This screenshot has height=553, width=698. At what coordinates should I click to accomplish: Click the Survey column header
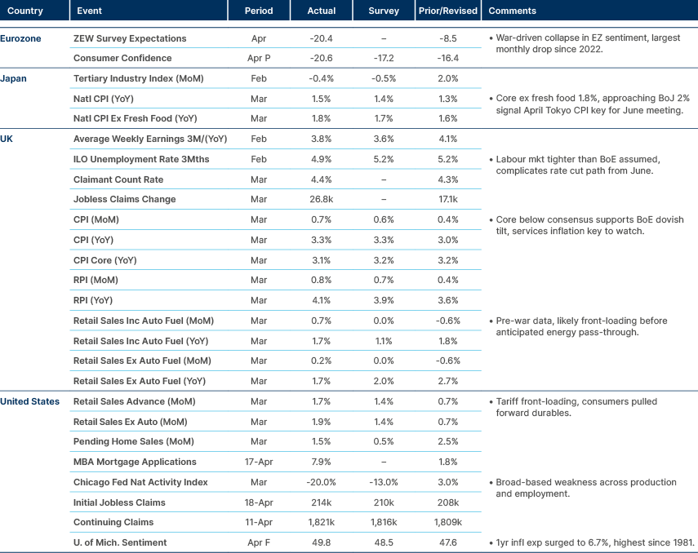point(383,11)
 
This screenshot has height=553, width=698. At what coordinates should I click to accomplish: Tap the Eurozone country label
point(20,38)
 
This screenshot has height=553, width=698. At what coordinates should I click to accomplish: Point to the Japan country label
point(15,78)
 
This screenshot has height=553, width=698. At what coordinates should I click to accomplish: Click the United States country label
point(29,401)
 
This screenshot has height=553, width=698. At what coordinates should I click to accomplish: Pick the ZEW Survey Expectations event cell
point(130,38)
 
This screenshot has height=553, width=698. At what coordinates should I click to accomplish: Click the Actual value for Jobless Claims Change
point(322,199)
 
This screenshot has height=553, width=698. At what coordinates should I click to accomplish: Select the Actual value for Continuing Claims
point(322,522)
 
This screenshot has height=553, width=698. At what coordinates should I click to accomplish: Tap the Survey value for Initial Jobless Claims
point(384,502)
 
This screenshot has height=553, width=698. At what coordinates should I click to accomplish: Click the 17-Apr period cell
point(258,462)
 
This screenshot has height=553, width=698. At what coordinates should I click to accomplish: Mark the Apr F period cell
point(258,542)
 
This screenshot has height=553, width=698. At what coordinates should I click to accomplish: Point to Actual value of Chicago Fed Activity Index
point(322,482)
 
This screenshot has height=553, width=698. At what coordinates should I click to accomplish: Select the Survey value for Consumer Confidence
point(384,59)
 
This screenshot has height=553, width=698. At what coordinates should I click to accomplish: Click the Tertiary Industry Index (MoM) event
point(138,78)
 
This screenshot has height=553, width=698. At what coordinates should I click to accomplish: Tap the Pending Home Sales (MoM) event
point(127,441)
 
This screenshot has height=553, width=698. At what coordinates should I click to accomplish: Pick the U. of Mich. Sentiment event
point(121,542)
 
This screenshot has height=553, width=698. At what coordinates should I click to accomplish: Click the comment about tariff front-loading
point(571,407)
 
